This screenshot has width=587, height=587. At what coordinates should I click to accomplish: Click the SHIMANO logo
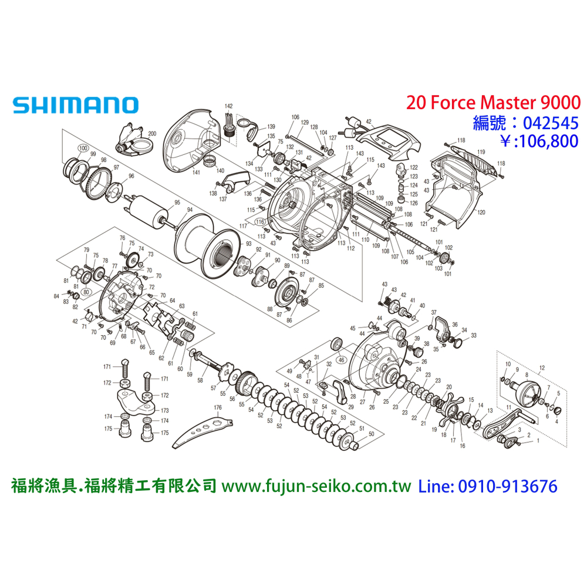tap(75, 104)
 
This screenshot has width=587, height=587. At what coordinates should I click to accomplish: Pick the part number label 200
tap(152, 134)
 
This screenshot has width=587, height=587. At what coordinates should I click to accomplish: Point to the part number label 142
tap(228, 106)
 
